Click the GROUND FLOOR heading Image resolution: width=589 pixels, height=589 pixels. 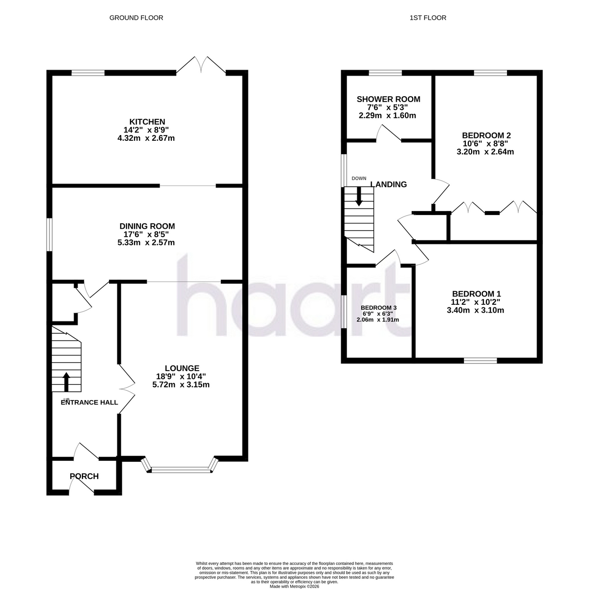[136, 18]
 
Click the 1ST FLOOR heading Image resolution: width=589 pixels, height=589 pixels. [428, 18]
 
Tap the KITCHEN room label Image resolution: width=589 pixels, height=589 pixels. [147, 122]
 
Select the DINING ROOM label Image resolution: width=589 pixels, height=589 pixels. [147, 226]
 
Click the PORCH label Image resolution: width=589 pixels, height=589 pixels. [84, 476]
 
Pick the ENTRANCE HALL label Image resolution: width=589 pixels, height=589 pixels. [89, 402]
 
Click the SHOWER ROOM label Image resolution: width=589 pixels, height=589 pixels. [388, 99]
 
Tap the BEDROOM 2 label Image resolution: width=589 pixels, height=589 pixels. [486, 135]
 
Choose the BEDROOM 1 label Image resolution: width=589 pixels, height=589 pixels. [476, 294]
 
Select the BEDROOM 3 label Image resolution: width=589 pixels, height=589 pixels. [378, 307]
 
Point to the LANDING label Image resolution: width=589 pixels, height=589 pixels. [388, 185]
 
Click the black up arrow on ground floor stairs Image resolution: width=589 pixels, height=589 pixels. [66, 382]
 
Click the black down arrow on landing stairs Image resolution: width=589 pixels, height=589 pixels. [359, 196]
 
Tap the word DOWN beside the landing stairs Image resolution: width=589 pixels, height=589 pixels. [359, 179]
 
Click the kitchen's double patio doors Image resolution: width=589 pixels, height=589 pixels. [201, 65]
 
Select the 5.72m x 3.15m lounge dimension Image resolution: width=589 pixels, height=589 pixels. [181, 384]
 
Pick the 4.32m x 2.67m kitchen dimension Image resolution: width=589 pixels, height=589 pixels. [146, 138]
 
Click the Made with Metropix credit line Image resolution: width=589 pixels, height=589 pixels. [294, 587]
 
